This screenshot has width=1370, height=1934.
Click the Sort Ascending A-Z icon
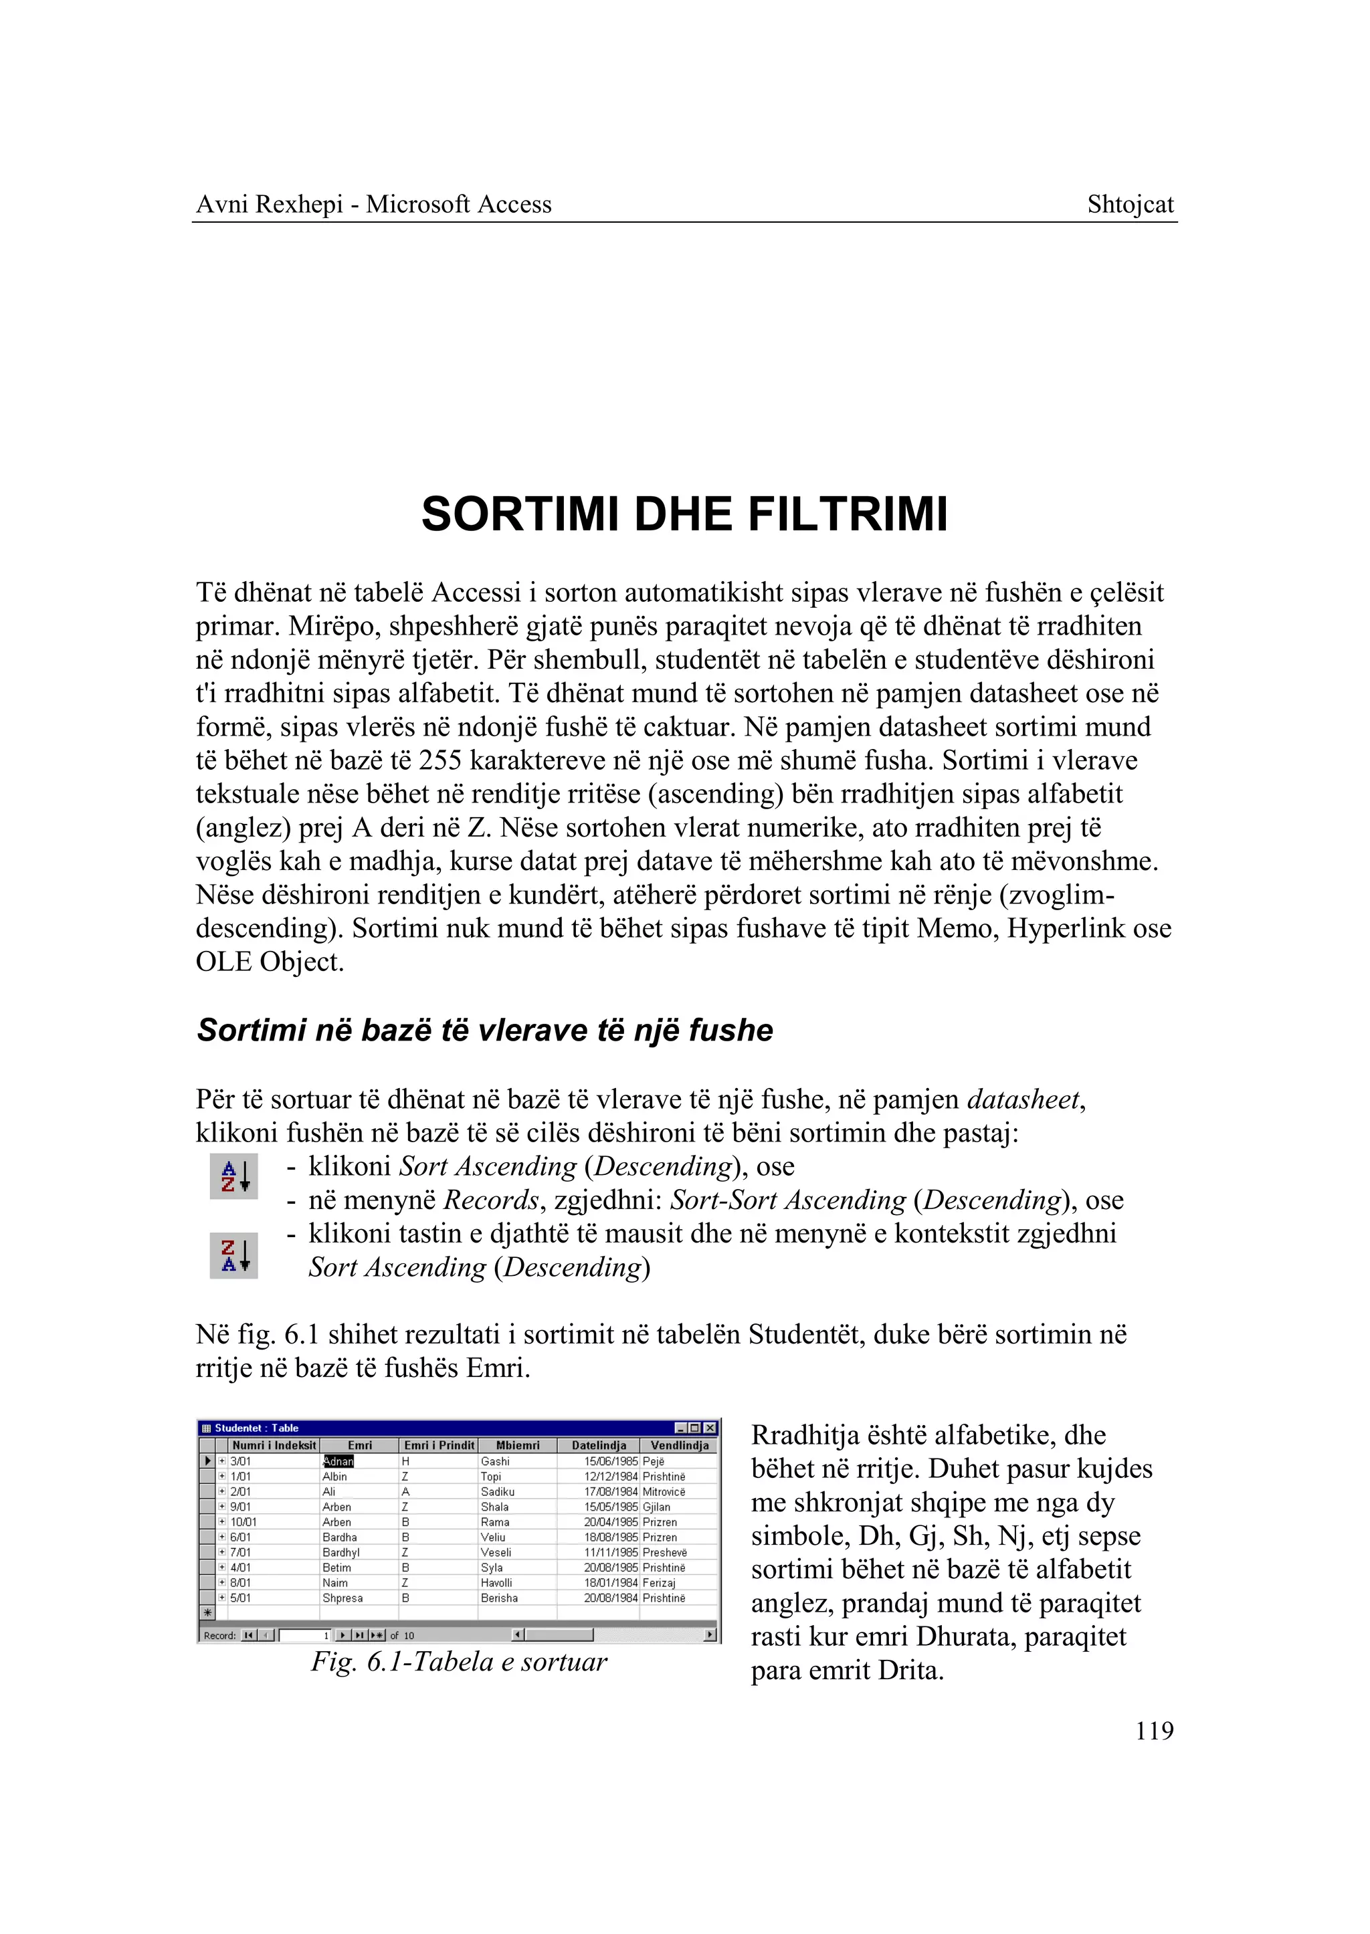click(233, 1176)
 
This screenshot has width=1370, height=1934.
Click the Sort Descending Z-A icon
click(233, 1255)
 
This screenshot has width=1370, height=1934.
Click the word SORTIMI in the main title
click(522, 514)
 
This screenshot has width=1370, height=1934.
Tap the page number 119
click(1153, 1731)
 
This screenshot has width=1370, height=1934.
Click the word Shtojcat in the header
click(1130, 205)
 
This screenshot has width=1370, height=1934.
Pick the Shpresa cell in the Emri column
click(342, 1598)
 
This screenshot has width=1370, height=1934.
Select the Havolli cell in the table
click(496, 1583)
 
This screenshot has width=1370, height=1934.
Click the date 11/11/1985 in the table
click(610, 1553)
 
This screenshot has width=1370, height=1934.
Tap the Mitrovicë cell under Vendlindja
click(664, 1492)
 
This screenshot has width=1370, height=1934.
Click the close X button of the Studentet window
click(710, 1428)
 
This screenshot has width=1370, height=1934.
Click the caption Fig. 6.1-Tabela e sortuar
click(459, 1662)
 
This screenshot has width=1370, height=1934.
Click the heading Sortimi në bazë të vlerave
click(484, 1031)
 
